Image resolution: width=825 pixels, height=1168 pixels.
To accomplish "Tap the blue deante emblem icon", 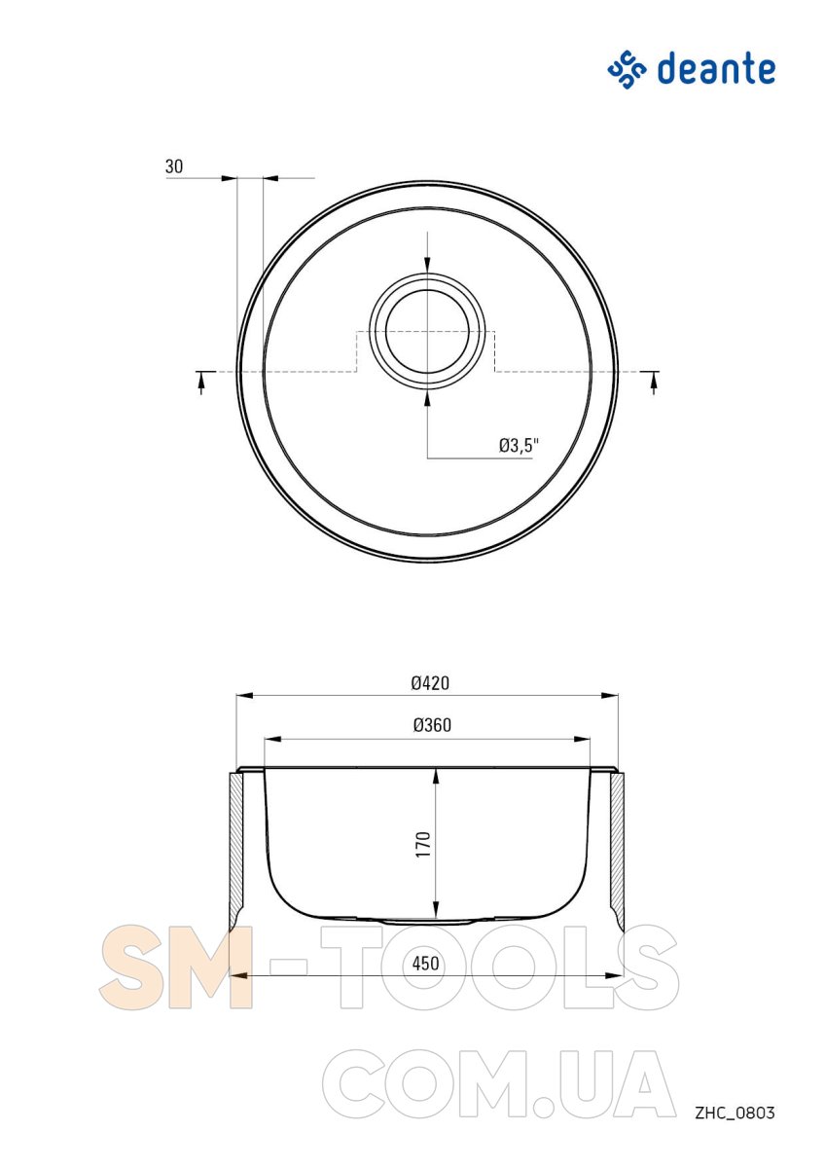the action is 627,70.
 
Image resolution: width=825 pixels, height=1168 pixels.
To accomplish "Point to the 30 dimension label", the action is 174,166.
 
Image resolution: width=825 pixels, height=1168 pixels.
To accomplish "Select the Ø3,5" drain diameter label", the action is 518,446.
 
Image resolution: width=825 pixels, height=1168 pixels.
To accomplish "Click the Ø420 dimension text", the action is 430,683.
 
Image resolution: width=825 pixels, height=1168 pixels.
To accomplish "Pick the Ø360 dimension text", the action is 432,725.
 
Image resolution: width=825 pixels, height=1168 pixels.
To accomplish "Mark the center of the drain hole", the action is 427,332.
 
